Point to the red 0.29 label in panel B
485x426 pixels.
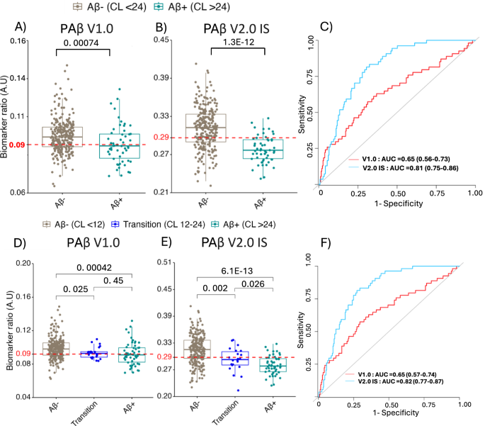[161, 138]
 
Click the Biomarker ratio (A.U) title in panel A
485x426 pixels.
[8, 116]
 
